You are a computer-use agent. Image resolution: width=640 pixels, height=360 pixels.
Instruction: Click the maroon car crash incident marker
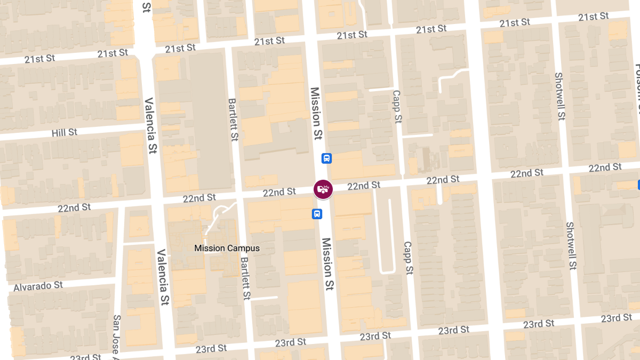[323, 189]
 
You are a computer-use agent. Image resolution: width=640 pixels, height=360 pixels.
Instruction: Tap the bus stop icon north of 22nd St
[327, 158]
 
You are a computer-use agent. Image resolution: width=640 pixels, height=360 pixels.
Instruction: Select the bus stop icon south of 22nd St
[317, 214]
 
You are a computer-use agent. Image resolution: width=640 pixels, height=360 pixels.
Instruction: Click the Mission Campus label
[227, 248]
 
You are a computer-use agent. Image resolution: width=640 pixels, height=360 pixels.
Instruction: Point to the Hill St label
[65, 132]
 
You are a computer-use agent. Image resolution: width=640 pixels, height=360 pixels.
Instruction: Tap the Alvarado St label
[38, 286]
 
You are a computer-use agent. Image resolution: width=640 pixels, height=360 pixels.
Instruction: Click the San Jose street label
[117, 335]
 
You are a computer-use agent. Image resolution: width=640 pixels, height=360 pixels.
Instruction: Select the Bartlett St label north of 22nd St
[233, 119]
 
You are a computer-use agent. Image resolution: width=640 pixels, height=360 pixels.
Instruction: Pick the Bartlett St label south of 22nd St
[245, 277]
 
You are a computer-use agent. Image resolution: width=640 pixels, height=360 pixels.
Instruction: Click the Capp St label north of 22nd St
[396, 107]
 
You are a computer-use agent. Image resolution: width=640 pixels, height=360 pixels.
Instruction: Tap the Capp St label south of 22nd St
[408, 258]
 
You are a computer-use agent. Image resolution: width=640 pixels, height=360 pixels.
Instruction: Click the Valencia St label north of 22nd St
[150, 125]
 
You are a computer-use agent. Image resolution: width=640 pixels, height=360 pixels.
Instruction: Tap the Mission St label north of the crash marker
[316, 113]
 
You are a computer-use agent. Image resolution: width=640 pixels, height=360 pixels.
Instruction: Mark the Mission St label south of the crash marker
[328, 265]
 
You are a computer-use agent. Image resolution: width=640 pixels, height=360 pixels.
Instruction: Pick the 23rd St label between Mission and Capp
[377, 337]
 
